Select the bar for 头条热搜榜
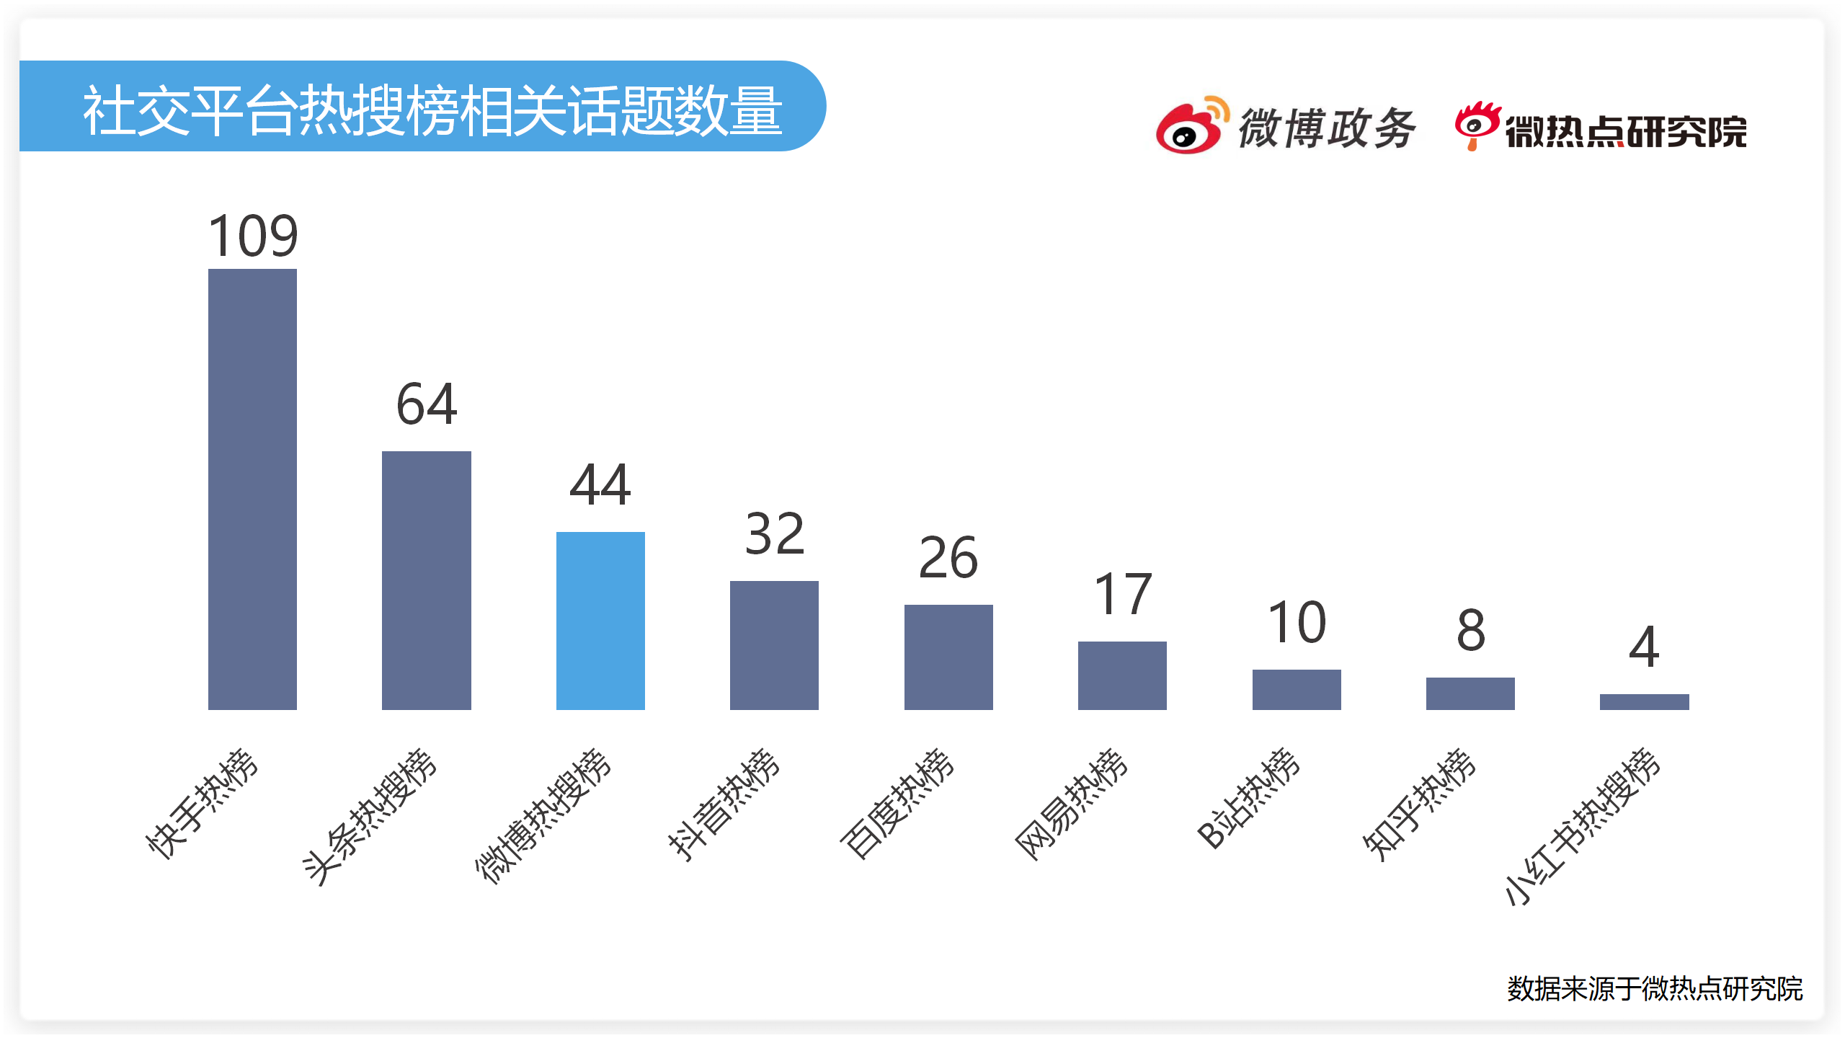(426, 580)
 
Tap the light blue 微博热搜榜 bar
(600, 621)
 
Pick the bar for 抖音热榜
(774, 645)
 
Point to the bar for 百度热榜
(948, 657)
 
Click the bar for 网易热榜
(1122, 675)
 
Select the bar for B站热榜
(1297, 690)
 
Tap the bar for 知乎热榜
(1470, 693)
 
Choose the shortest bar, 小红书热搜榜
(1644, 702)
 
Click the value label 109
(253, 236)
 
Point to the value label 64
(427, 404)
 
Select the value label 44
(600, 484)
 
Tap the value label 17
(1123, 595)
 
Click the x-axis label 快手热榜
(202, 803)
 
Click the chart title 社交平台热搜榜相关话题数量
(432, 110)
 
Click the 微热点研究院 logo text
(1626, 131)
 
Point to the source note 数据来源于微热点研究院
(1655, 988)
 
